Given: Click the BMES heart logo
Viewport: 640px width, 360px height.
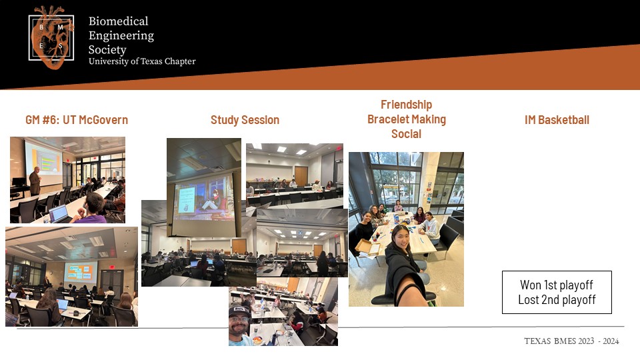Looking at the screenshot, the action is (51, 37).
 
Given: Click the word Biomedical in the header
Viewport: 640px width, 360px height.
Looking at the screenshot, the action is (119, 21).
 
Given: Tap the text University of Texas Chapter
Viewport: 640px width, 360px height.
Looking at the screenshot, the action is (142, 61).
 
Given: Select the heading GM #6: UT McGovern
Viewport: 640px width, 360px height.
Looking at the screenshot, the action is (77, 120).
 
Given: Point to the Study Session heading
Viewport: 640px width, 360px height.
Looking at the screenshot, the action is (245, 120).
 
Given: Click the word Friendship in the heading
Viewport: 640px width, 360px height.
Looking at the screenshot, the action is (406, 105).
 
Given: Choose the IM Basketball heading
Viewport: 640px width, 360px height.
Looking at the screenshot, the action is (557, 120).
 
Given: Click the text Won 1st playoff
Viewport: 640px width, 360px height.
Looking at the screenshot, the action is (556, 285).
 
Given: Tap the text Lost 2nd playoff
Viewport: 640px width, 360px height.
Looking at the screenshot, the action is (557, 299).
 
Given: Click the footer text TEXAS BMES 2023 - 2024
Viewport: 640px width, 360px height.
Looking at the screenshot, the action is (571, 341).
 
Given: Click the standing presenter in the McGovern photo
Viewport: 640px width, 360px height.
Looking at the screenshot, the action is (35, 181).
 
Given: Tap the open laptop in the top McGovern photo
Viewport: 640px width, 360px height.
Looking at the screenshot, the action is (58, 214).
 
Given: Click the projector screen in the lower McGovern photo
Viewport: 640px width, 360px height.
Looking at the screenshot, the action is (80, 272).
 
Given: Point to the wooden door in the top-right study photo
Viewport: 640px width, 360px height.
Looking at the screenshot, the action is (301, 176).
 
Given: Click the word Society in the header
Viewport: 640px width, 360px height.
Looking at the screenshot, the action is (107, 50).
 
